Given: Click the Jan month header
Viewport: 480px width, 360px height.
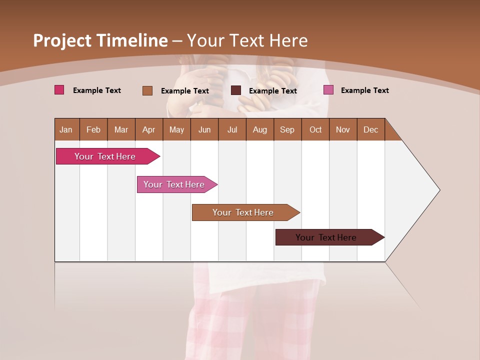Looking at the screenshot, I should [x=66, y=130].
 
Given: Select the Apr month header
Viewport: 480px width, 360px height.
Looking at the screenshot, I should [x=148, y=130].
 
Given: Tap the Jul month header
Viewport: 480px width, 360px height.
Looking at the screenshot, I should [x=232, y=130].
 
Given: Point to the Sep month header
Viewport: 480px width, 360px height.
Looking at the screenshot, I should [x=287, y=130].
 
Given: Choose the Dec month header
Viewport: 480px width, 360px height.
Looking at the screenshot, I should [x=370, y=130].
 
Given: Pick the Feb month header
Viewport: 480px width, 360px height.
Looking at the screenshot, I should [x=93, y=130].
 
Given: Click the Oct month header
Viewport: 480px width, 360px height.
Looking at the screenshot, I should [x=315, y=130].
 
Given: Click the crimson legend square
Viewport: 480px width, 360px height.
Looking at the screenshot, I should [x=59, y=90].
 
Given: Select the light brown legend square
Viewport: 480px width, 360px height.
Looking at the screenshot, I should [x=147, y=90].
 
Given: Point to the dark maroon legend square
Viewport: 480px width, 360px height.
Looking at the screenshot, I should [x=236, y=90].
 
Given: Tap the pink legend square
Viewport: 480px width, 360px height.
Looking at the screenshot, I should [x=328, y=90].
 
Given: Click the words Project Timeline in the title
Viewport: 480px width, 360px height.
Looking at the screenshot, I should [x=100, y=40].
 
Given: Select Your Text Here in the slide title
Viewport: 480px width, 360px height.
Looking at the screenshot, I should [x=247, y=40].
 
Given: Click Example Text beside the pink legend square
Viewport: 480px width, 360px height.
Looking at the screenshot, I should [x=364, y=90].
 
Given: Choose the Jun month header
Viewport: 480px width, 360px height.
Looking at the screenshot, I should [x=204, y=130].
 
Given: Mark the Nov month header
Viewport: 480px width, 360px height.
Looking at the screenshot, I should [x=343, y=130].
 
